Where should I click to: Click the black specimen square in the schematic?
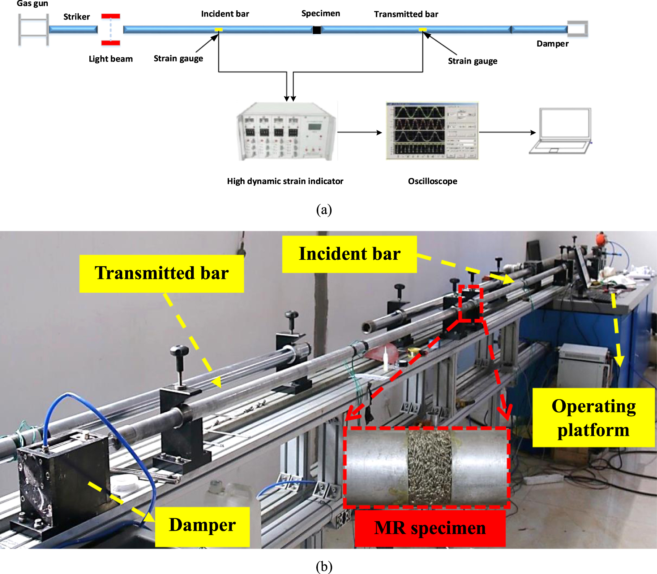[317, 30]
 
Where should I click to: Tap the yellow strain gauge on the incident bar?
[218, 29]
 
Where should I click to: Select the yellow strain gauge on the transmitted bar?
[422, 29]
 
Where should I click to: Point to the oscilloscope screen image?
[432, 131]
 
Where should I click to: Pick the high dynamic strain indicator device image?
[286, 131]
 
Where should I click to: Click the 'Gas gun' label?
[32, 3]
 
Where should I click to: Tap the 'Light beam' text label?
[111, 59]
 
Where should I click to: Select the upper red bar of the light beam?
[111, 16]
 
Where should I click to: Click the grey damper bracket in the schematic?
[578, 29]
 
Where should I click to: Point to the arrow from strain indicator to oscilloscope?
[359, 133]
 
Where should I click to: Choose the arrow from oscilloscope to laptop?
[507, 133]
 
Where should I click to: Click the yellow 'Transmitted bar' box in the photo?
[162, 273]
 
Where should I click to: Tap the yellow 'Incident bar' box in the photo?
[349, 254]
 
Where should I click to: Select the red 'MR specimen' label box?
[430, 528]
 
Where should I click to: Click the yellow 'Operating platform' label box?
[593, 418]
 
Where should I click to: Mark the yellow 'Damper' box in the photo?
[202, 526]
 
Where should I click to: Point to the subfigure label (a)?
[324, 209]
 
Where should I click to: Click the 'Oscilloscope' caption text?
[432, 181]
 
